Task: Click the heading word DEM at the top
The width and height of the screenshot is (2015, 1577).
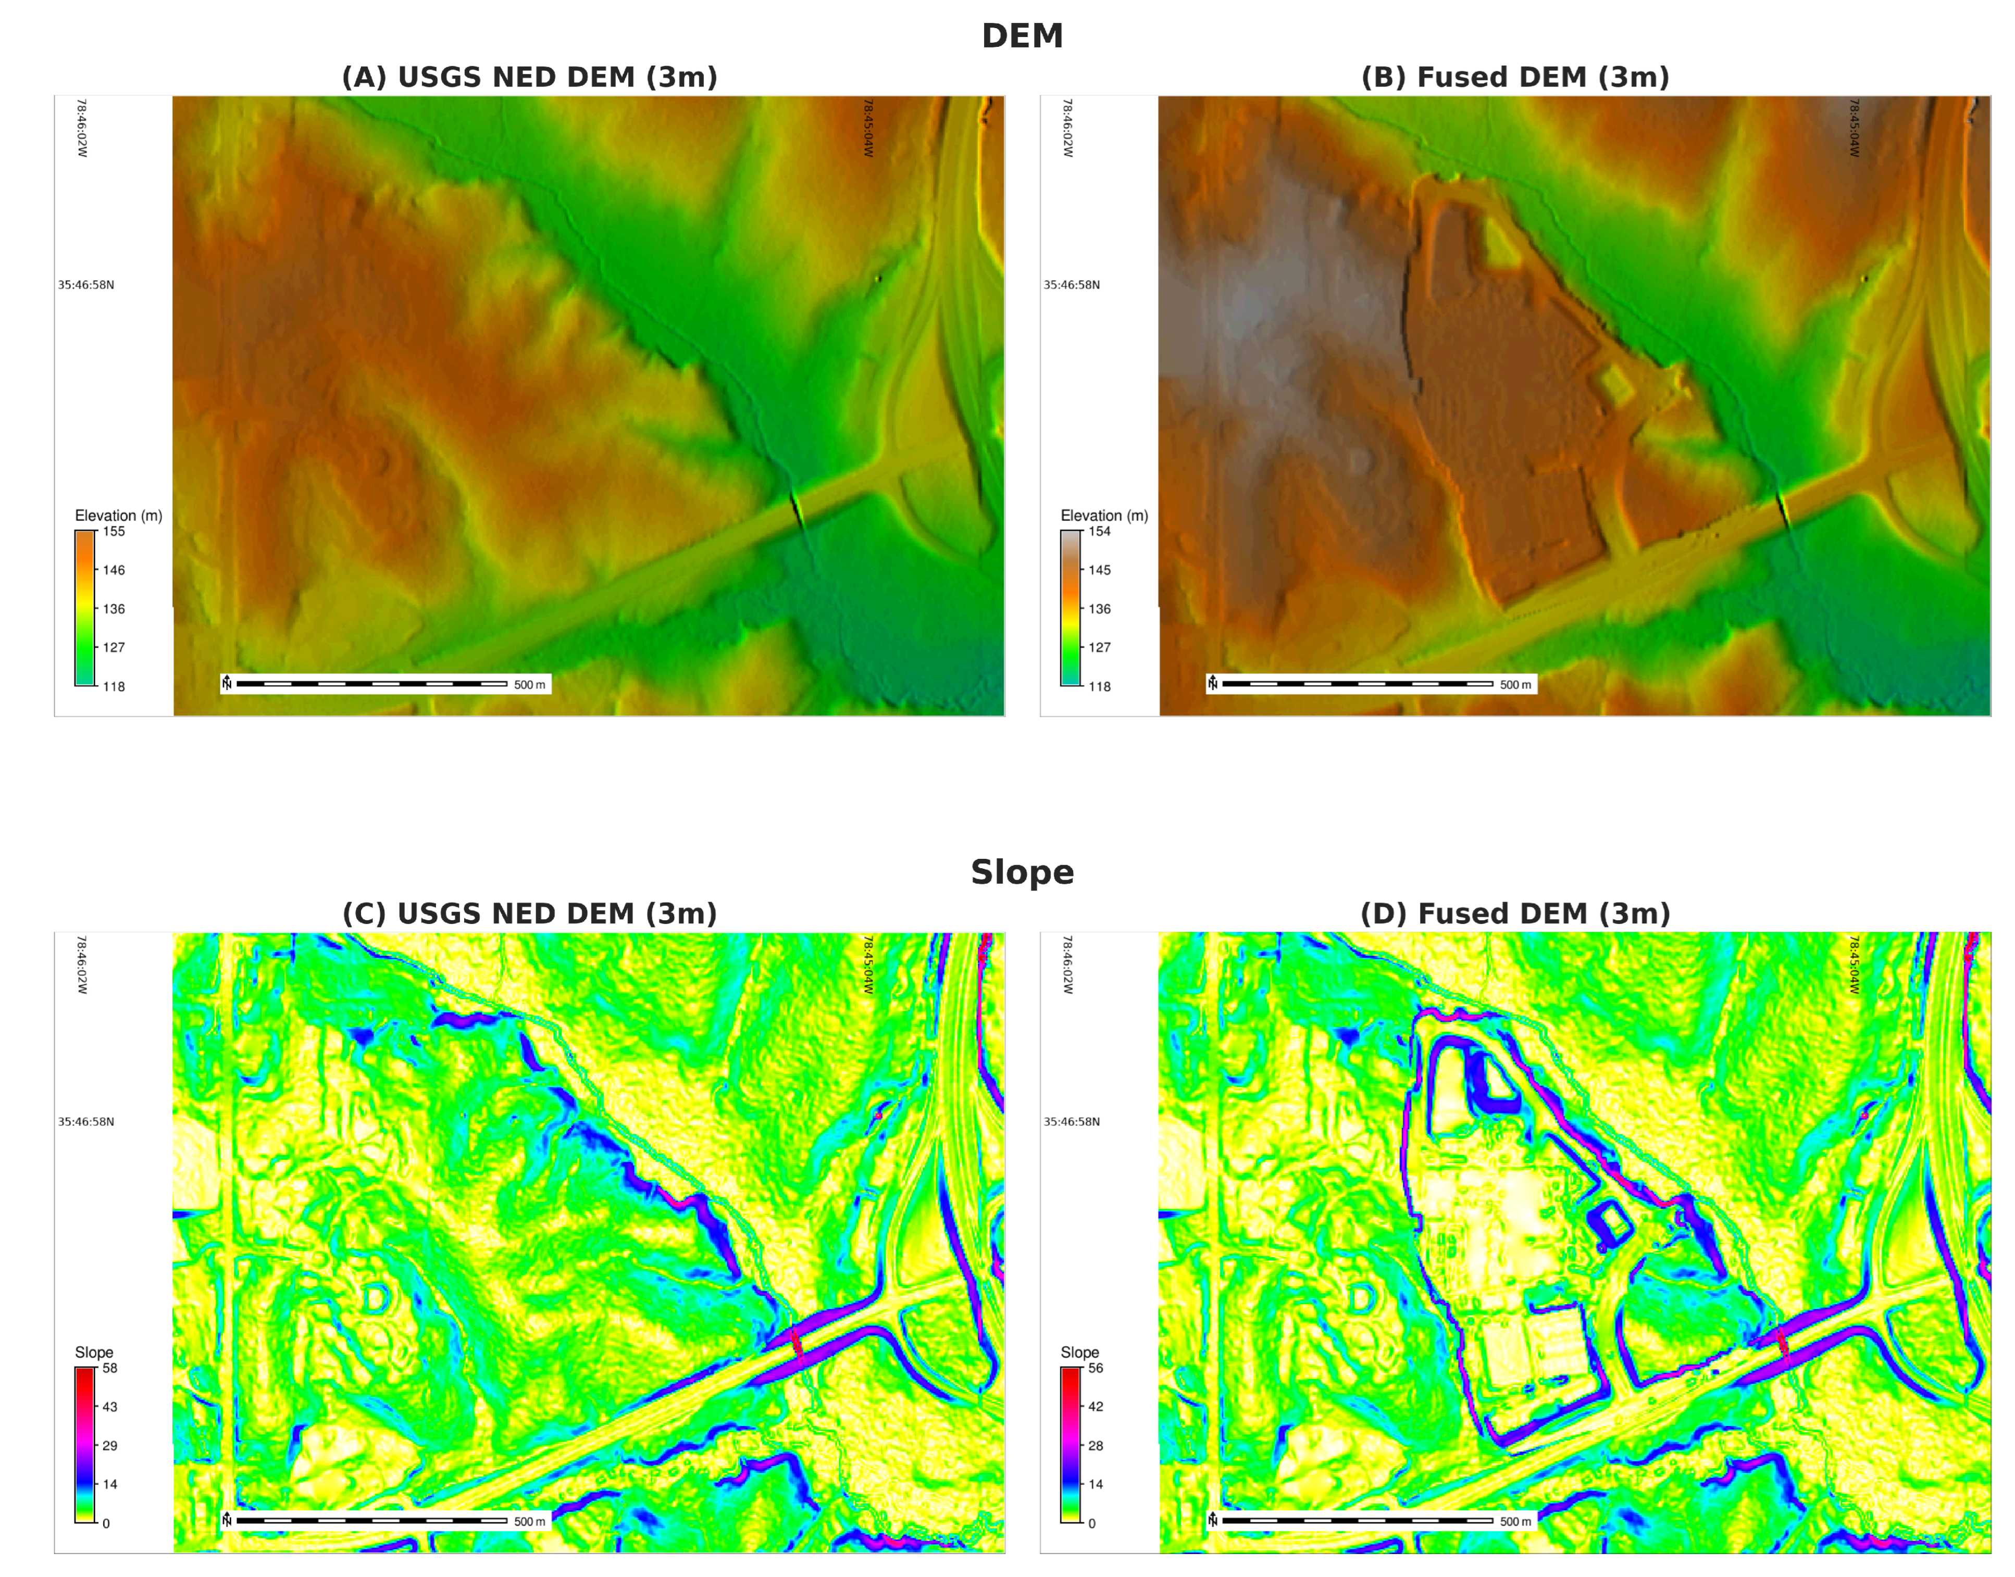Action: [1022, 36]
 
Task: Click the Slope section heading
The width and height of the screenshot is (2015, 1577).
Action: [1022, 872]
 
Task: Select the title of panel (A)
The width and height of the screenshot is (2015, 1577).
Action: [529, 78]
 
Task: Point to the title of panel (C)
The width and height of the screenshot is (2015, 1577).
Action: [529, 914]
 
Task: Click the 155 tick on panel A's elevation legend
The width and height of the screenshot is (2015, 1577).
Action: [114, 532]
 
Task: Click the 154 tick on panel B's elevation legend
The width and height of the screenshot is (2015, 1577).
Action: [1099, 532]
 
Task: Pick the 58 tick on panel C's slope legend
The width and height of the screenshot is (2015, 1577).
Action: [110, 1368]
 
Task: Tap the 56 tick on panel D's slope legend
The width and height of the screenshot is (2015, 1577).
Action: [1095, 1368]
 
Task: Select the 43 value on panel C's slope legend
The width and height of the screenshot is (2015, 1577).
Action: [110, 1407]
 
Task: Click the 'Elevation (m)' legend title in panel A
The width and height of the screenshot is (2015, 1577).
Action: [118, 515]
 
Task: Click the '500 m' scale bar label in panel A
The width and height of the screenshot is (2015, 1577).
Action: [529, 685]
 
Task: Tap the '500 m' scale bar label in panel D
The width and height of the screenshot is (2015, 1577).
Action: [1514, 1522]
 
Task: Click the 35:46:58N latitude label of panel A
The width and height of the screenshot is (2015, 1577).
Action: [86, 285]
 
